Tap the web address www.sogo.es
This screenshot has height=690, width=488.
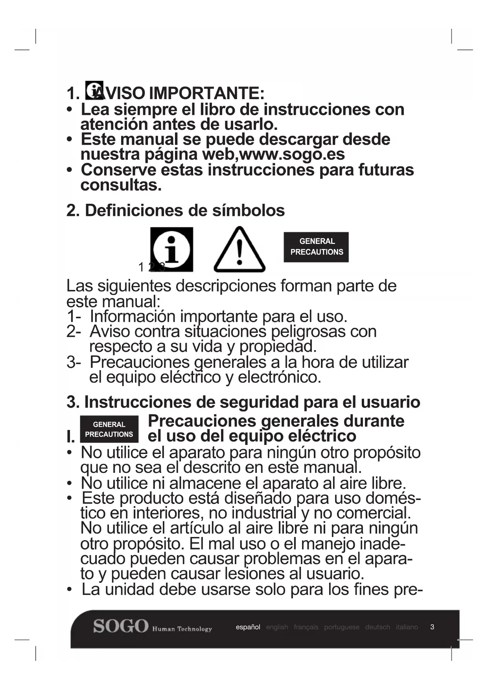[292, 154]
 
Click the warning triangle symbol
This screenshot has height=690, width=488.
[239, 250]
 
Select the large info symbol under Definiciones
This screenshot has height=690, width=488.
[171, 249]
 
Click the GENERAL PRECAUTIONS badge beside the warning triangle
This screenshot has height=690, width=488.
[316, 247]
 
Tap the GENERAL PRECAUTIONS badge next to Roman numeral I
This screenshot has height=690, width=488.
[109, 429]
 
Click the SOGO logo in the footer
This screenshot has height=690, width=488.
[121, 626]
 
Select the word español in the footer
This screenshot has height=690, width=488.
[248, 627]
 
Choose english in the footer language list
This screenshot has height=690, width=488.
[277, 627]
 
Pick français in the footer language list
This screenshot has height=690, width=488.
[306, 627]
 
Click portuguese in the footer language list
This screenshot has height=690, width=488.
[341, 627]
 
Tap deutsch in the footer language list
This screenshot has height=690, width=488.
[378, 627]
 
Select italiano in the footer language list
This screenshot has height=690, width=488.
[407, 627]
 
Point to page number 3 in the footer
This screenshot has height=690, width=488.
[432, 627]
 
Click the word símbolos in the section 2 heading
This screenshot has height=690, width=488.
[249, 210]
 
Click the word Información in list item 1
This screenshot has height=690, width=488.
[133, 316]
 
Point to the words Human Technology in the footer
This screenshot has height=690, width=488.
[182, 629]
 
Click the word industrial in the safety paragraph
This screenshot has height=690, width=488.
[264, 513]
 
